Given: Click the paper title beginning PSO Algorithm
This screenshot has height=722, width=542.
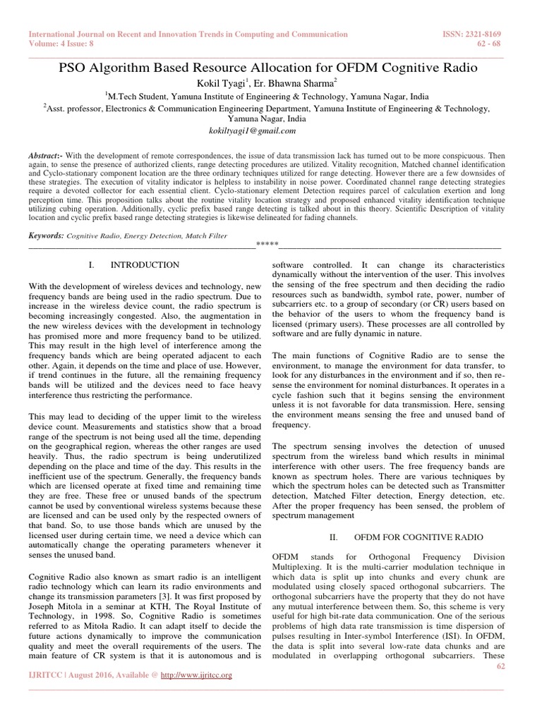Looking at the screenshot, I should [271, 68].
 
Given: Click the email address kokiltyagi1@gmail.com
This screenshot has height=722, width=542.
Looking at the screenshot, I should [243, 130].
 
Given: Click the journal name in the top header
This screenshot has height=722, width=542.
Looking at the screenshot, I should [188, 34].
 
